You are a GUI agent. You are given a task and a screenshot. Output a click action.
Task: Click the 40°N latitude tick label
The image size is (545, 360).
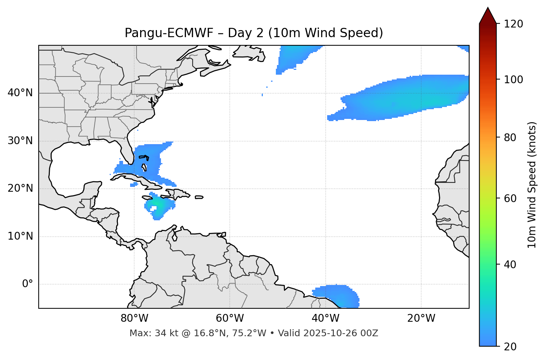20,93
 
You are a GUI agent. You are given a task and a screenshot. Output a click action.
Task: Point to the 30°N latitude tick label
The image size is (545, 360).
20,141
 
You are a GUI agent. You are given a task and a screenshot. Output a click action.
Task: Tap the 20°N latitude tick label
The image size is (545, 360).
20,188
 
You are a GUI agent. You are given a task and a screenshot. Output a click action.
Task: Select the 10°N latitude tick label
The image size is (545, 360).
20,236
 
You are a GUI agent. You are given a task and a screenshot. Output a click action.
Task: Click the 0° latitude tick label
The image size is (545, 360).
28,284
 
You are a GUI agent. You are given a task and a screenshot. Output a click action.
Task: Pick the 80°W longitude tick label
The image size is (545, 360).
134,318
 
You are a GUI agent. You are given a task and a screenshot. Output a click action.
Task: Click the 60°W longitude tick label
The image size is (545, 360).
230,318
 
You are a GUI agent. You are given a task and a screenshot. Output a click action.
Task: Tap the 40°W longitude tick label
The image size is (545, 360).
325,318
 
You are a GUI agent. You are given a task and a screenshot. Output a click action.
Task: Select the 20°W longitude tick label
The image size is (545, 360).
421,318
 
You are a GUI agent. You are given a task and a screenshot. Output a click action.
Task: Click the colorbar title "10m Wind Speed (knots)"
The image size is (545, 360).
532,185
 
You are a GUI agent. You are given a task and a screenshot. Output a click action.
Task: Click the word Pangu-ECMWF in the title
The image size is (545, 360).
169,33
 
